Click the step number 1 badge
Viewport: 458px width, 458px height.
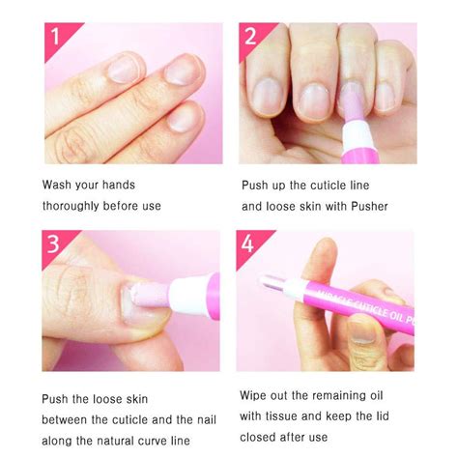pyautogui.click(x=55, y=37)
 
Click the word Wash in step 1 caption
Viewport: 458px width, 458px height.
pyautogui.click(x=58, y=184)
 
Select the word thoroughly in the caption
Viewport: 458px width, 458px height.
pyautogui.click(x=73, y=206)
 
